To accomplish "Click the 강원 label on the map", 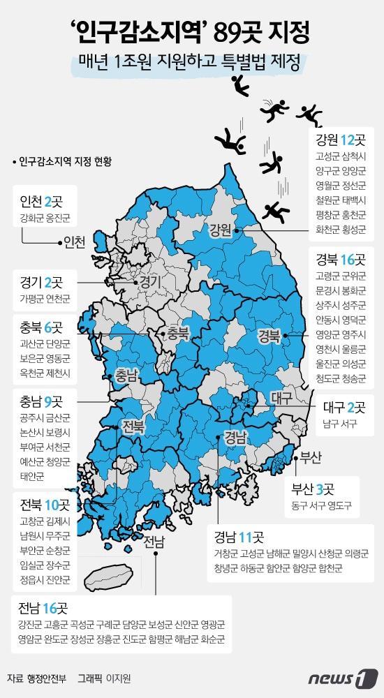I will (x=220, y=230).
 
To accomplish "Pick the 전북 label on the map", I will (x=135, y=426).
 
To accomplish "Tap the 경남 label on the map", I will (x=235, y=438).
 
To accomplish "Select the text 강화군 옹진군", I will (x=45, y=219).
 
